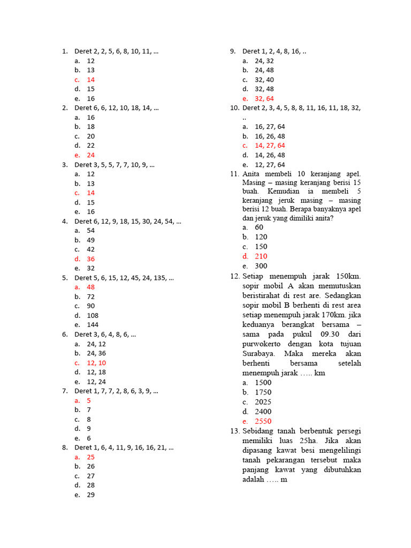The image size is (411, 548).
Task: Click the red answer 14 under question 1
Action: coord(91,80)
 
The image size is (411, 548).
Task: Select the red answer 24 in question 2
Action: coord(91,155)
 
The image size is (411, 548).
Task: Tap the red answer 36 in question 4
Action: coord(91,259)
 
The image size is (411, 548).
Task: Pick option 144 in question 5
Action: coord(93,325)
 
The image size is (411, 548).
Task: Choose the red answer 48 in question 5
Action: coord(91,287)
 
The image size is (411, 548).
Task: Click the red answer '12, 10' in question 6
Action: coord(96,363)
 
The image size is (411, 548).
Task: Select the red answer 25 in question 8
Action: coord(91,457)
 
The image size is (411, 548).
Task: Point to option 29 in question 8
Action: coord(91,495)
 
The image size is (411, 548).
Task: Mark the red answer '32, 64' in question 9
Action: coord(264,98)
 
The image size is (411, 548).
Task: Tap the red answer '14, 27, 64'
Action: coord(270,146)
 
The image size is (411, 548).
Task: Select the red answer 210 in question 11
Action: coord(261,256)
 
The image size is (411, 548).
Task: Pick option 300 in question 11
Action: coord(261,266)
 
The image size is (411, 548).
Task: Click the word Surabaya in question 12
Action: coord(259,354)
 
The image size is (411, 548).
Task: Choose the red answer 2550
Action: coord(263,421)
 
